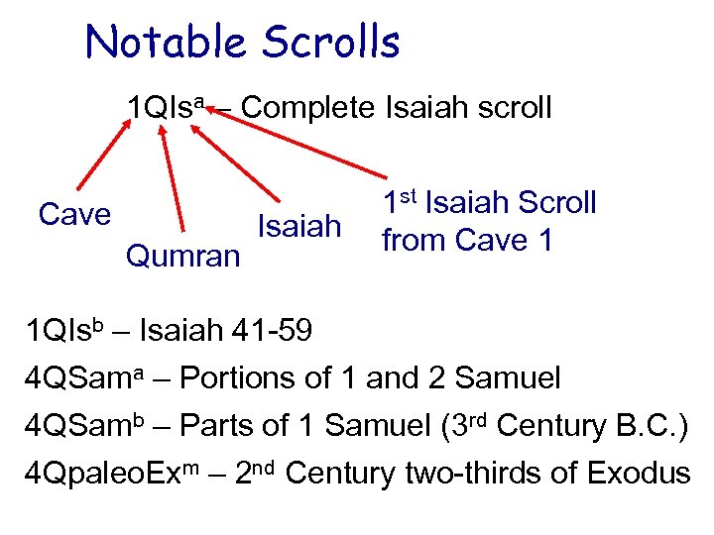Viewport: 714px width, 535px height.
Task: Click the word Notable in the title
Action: point(166,43)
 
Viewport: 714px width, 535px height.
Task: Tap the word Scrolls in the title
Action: point(331,43)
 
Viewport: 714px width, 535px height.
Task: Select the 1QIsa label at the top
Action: point(165,108)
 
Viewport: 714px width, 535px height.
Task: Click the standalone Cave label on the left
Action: point(74,214)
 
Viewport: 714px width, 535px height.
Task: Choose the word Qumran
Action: point(183,257)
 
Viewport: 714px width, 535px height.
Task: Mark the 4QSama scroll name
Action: point(85,377)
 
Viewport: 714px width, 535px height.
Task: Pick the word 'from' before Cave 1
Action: point(414,241)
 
